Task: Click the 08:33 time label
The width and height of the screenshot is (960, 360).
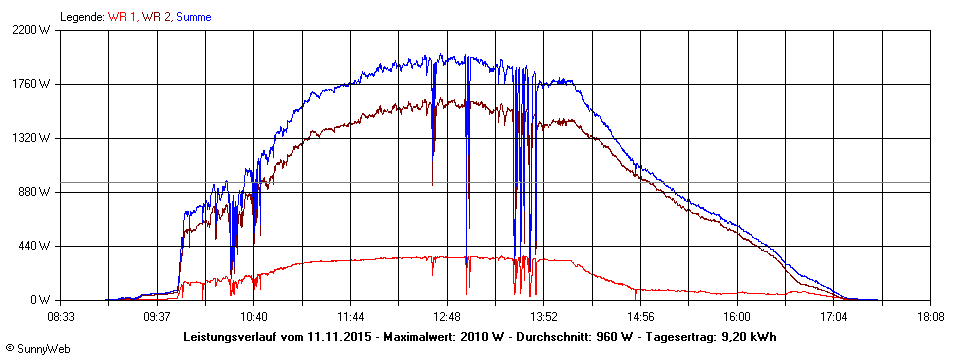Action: [x=61, y=317]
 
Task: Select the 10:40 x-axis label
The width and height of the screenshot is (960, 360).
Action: [x=254, y=317]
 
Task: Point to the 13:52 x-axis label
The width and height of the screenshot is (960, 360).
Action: [x=543, y=317]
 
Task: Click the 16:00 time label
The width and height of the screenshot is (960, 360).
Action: [x=737, y=317]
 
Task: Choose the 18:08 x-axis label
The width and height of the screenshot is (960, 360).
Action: [x=930, y=317]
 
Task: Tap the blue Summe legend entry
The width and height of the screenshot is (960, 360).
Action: [x=194, y=17]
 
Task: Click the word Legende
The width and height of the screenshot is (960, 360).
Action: [x=81, y=17]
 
